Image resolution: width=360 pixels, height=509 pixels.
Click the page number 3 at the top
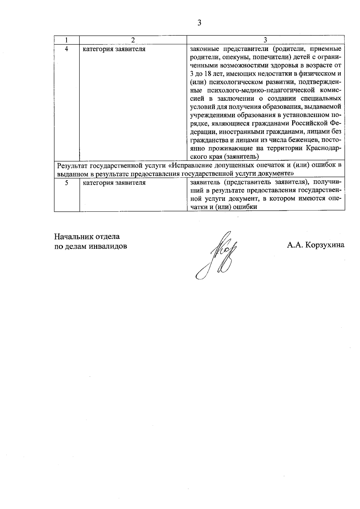[199, 23]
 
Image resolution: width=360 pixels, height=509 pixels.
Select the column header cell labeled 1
[66, 40]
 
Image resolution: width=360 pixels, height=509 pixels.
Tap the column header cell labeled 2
[133, 40]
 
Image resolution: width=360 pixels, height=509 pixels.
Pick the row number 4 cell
[66, 49]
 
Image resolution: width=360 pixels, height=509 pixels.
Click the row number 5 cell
[66, 183]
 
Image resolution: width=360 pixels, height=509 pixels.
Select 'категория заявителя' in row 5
[114, 183]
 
